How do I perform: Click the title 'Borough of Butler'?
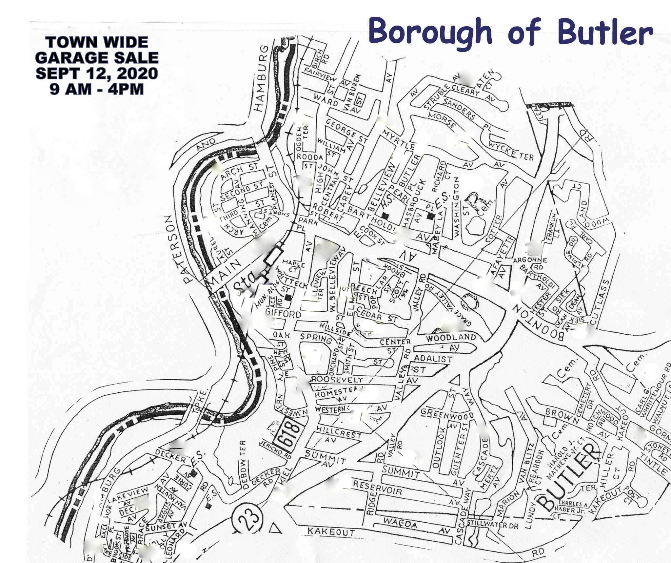click(x=510, y=33)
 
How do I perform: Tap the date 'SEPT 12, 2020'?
click(x=96, y=73)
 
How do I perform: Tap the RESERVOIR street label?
click(x=377, y=487)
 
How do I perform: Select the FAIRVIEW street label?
click(x=320, y=75)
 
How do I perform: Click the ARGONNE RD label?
click(x=530, y=262)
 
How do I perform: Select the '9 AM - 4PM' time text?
click(x=96, y=89)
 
